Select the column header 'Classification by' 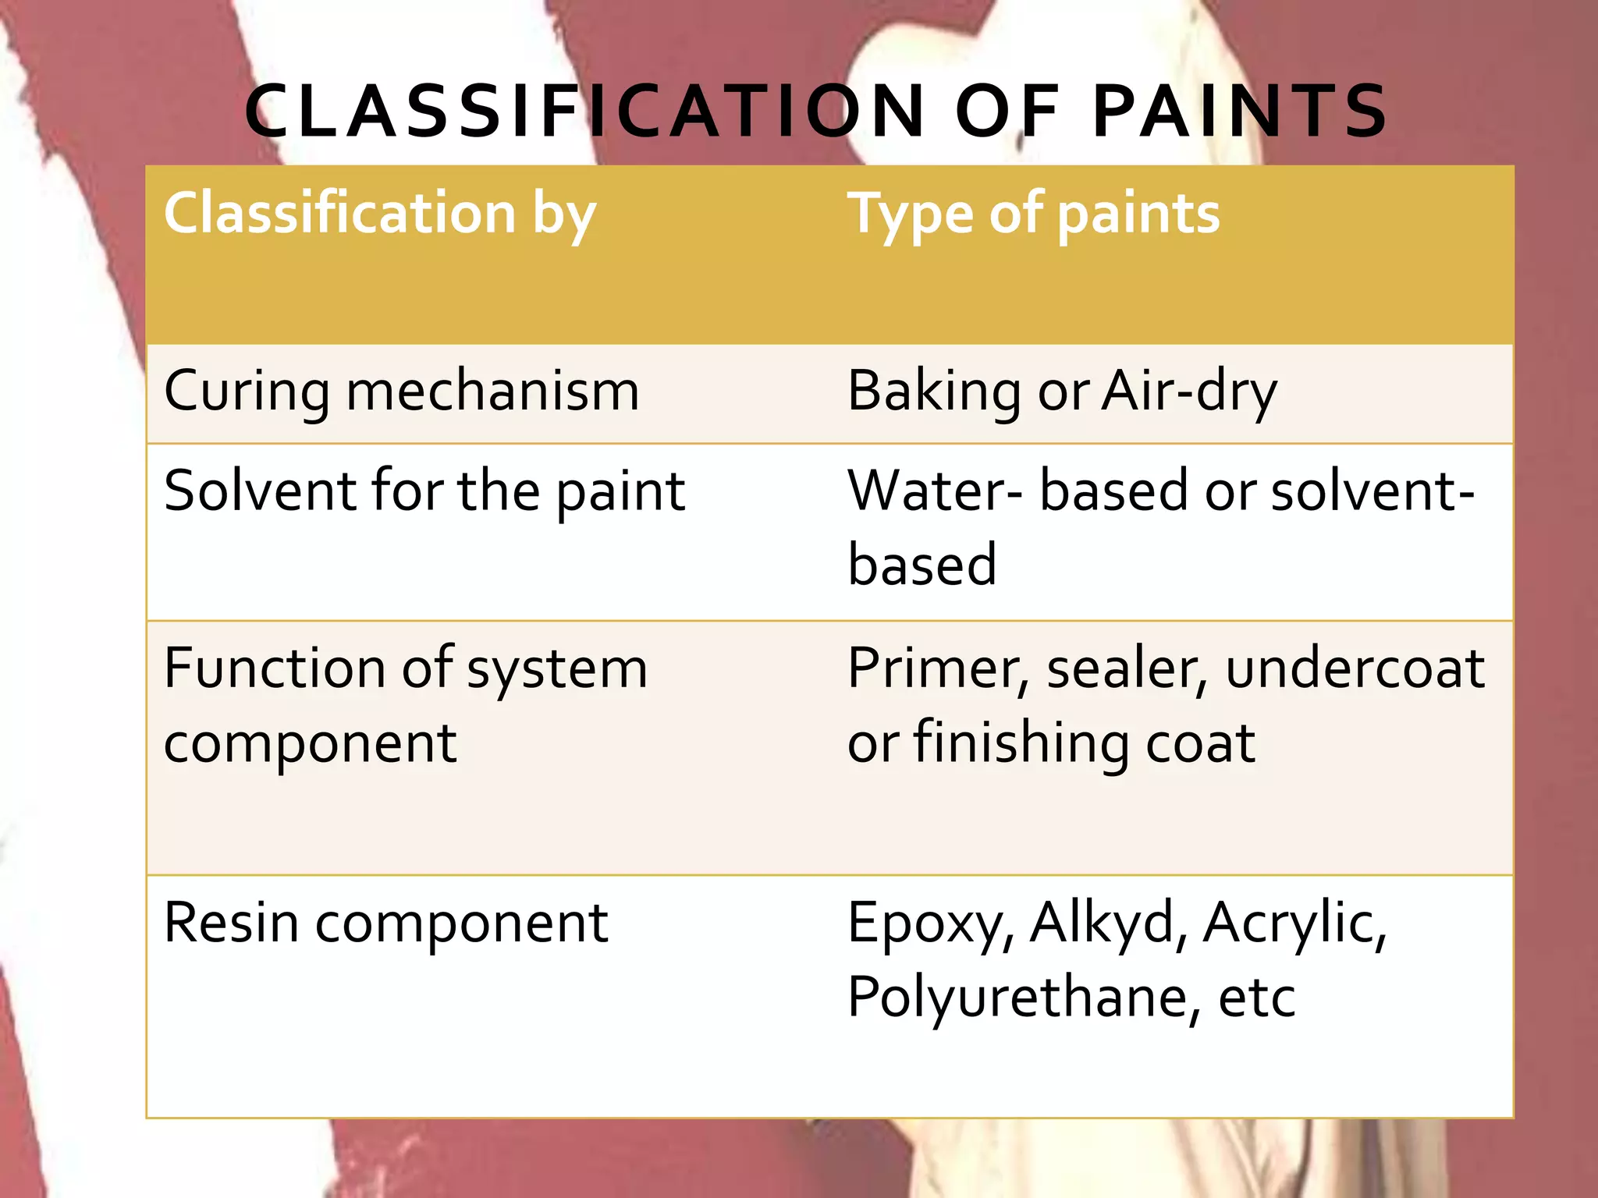coord(380,213)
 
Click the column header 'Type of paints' coord(1034,213)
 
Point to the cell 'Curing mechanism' coord(402,391)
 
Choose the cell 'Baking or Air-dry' coord(1062,391)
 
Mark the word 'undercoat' coord(1355,668)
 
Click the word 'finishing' coord(1021,743)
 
